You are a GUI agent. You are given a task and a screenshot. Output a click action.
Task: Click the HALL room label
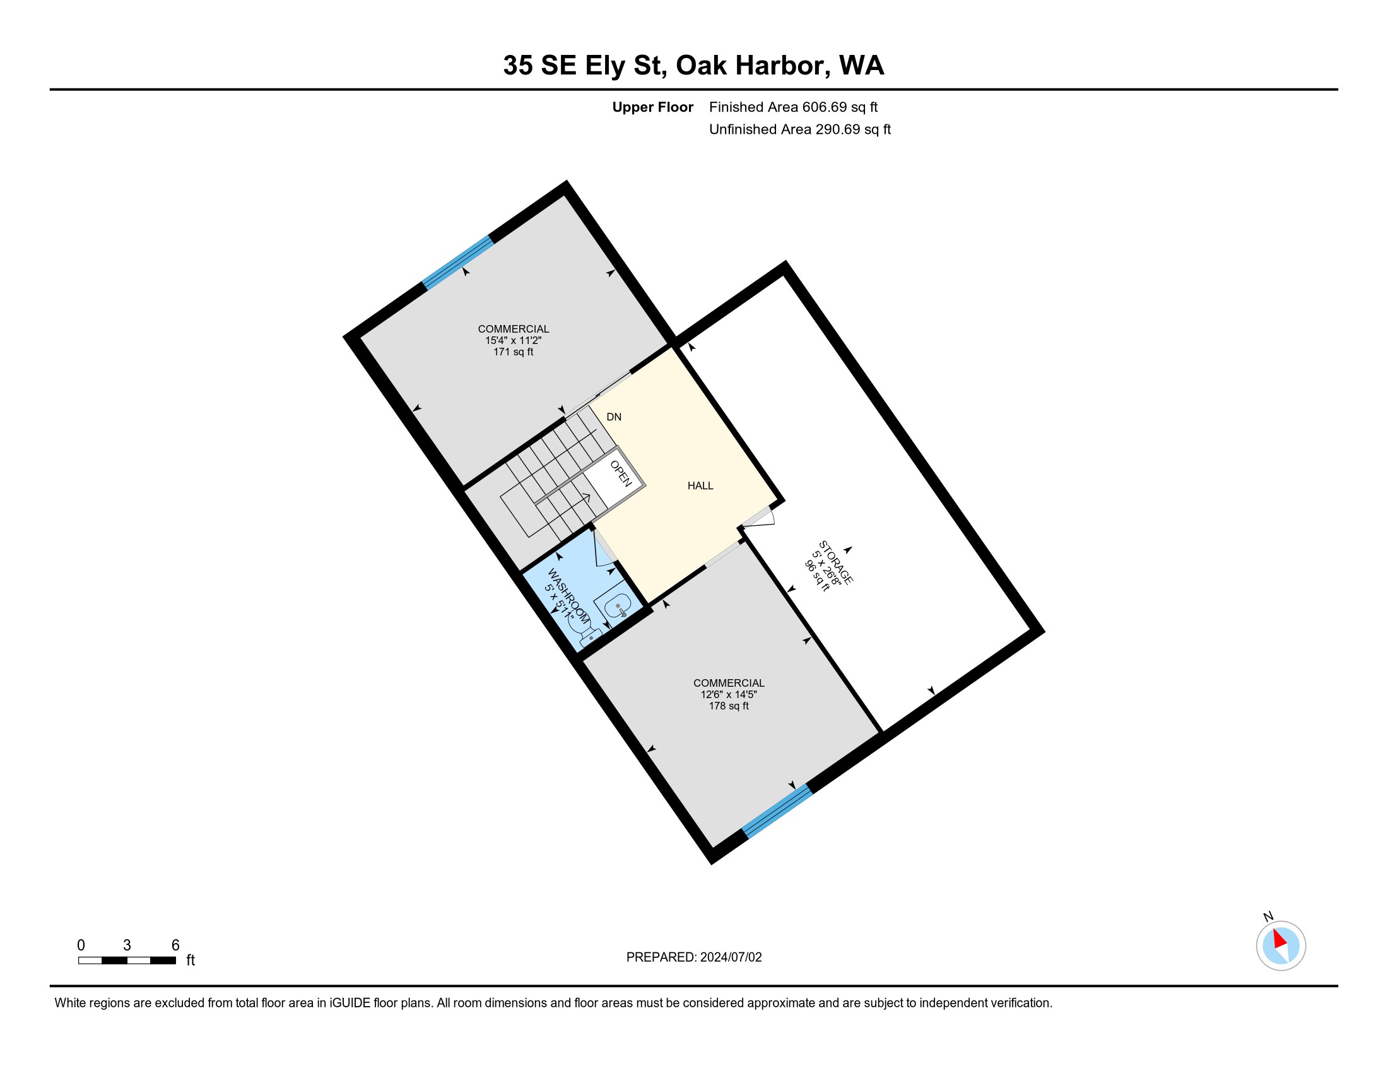pyautogui.click(x=700, y=485)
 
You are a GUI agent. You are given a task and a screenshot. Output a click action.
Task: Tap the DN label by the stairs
pyautogui.click(x=614, y=417)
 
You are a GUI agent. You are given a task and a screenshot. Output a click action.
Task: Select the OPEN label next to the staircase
pyautogui.click(x=621, y=473)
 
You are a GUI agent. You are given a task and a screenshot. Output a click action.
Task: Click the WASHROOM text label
pyautogui.click(x=568, y=595)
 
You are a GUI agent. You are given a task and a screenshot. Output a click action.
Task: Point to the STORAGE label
pyautogui.click(x=836, y=562)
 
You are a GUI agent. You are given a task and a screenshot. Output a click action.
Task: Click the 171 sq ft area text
pyautogui.click(x=514, y=352)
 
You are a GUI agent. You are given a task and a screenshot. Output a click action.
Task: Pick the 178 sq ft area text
pyautogui.click(x=729, y=706)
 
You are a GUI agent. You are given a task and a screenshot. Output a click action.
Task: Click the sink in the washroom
pyautogui.click(x=616, y=606)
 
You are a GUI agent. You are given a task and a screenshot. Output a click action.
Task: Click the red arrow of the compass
pyautogui.click(x=1279, y=939)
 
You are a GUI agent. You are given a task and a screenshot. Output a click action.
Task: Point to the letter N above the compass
pyautogui.click(x=1269, y=916)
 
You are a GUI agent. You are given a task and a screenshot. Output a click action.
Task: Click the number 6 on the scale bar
pyautogui.click(x=175, y=946)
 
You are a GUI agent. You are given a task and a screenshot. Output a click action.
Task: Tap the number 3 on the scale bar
pyautogui.click(x=127, y=946)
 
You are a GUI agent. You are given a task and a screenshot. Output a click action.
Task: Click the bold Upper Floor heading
pyautogui.click(x=653, y=107)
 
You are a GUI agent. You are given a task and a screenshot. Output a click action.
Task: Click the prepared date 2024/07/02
pyautogui.click(x=731, y=957)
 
